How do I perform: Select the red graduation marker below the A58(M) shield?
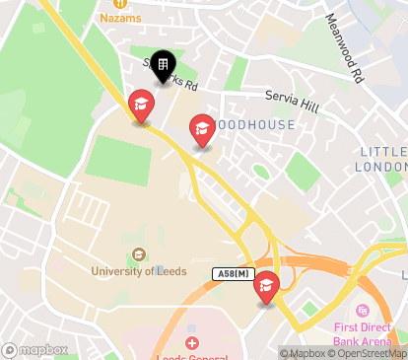click(266, 288)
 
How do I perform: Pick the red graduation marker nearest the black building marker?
click(142, 105)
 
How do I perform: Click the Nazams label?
click(119, 18)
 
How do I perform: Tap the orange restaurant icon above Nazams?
click(119, 4)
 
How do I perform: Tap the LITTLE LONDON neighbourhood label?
click(383, 158)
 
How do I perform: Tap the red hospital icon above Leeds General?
click(191, 341)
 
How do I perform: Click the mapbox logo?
click(35, 350)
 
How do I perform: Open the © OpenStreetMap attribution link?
click(371, 353)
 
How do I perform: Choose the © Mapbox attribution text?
click(306, 353)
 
